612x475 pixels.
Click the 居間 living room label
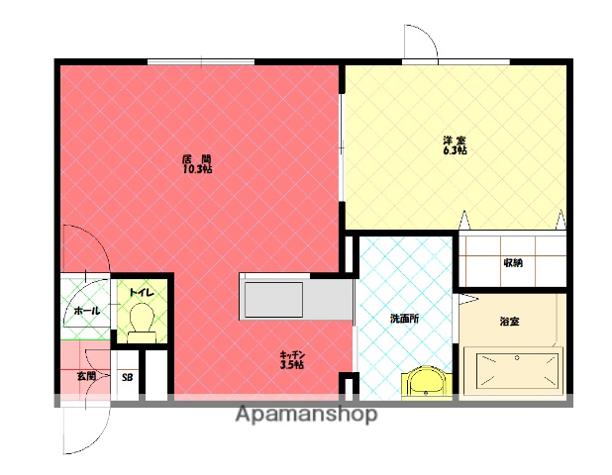(197, 159)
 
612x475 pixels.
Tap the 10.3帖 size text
(197, 169)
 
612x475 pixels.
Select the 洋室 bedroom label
(455, 140)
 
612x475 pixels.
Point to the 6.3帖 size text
(455, 150)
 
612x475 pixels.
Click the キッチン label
(292, 355)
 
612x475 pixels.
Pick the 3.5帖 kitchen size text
(292, 365)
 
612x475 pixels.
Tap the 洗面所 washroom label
(405, 319)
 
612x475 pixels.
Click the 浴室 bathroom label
(509, 322)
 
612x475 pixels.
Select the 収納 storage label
(513, 263)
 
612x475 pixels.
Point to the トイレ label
(142, 292)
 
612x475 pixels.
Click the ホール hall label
(87, 311)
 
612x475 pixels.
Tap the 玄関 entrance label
(86, 376)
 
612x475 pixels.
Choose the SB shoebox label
(127, 377)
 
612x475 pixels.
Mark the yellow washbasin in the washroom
(427, 383)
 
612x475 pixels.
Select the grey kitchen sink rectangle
(273, 300)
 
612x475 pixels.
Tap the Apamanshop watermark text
(306, 415)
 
